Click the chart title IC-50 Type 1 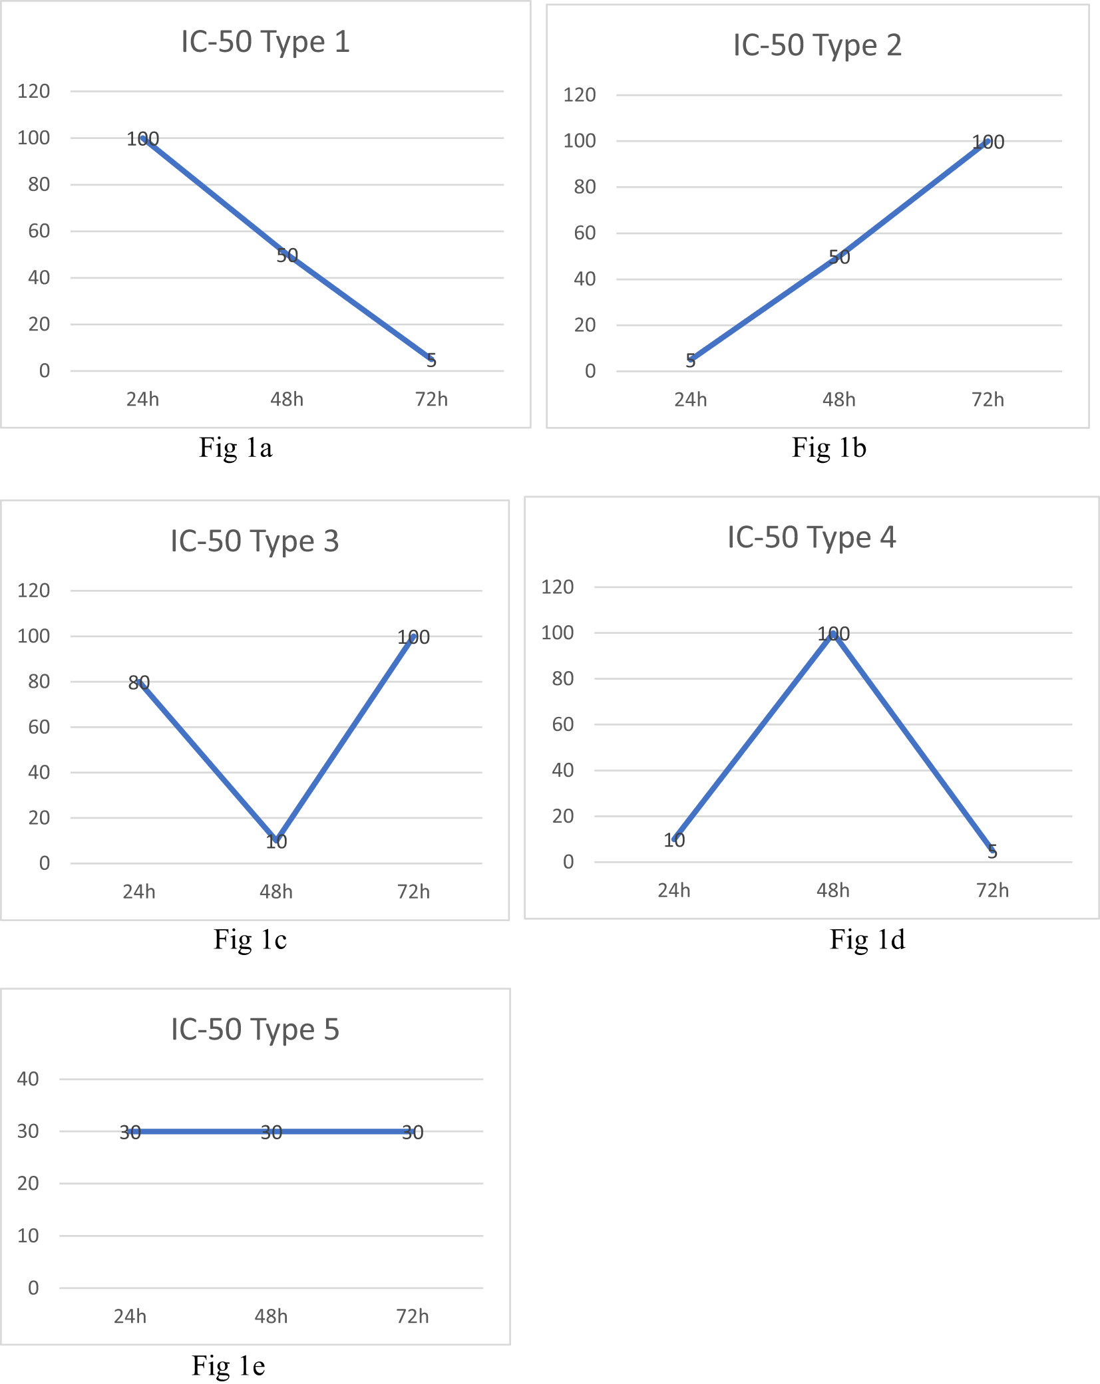(x=265, y=42)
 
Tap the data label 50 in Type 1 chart (x=287, y=255)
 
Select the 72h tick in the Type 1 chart (x=431, y=400)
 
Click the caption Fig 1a (x=236, y=448)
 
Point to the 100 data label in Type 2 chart (x=988, y=142)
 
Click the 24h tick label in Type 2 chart (x=690, y=400)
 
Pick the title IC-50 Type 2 (x=817, y=45)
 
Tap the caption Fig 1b (x=828, y=448)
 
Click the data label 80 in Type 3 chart (x=139, y=682)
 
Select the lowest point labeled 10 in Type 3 (x=276, y=842)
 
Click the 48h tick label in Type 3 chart (x=276, y=892)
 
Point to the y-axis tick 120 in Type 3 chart (x=34, y=591)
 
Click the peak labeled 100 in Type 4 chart (x=833, y=634)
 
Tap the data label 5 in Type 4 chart (x=992, y=852)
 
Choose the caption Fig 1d (x=867, y=940)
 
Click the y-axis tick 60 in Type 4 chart (x=563, y=724)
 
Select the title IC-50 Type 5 (x=255, y=1030)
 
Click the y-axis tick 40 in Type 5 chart (x=28, y=1079)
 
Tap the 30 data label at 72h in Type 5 (x=413, y=1133)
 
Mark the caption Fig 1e (x=228, y=1365)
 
